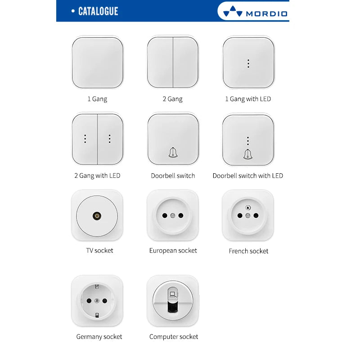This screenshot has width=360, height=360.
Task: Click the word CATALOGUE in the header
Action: click(98, 11)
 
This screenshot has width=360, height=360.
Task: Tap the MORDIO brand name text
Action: click(266, 14)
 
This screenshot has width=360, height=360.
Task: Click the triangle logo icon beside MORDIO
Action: click(233, 11)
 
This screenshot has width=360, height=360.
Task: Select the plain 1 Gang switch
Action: click(97, 63)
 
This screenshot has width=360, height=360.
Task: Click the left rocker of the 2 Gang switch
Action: click(160, 63)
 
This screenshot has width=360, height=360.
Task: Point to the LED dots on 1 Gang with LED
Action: click(248, 63)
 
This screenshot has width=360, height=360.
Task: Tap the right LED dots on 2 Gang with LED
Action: click(109, 139)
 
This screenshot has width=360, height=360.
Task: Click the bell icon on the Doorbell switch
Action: click(173, 153)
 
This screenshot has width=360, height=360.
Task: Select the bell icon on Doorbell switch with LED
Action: click(248, 154)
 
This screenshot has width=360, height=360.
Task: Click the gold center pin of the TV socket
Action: click(97, 216)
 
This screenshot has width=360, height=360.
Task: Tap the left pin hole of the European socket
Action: click(165, 216)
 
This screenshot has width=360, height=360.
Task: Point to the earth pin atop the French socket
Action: click(248, 208)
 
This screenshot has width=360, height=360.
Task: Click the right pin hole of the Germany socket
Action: click(105, 301)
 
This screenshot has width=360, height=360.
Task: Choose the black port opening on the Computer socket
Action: click(173, 307)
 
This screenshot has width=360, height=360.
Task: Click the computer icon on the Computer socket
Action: click(173, 294)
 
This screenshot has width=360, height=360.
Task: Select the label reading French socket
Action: click(248, 251)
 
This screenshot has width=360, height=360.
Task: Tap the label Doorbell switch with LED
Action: click(248, 175)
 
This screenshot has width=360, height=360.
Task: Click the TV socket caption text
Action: click(99, 251)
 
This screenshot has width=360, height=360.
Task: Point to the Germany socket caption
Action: click(99, 337)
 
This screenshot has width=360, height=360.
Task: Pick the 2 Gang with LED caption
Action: click(97, 175)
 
